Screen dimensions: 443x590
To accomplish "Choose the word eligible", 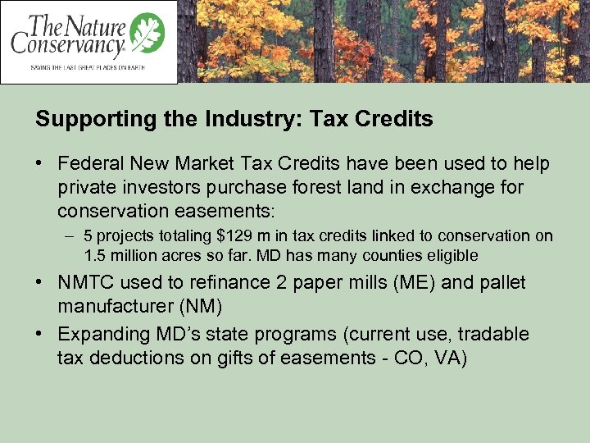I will [x=450, y=255].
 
